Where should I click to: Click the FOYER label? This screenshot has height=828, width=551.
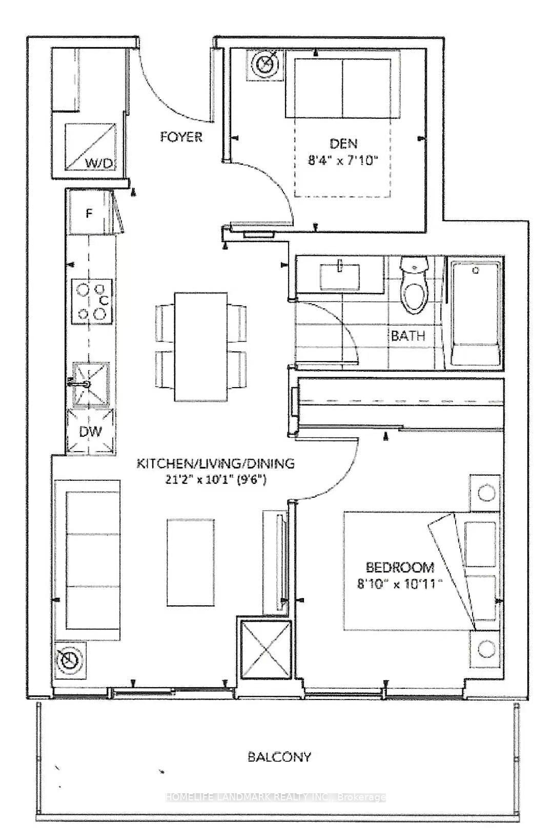181,137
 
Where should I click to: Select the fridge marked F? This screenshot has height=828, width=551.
89,213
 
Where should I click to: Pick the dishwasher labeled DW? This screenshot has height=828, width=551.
90,431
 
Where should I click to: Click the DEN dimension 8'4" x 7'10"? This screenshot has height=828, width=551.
343,161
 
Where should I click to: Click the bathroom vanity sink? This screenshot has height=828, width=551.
339,277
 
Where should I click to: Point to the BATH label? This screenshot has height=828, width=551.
408,336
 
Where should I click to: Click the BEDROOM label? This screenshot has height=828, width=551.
400,567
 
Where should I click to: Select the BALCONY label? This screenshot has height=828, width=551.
279,757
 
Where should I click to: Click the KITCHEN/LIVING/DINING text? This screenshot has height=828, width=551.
215,464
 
